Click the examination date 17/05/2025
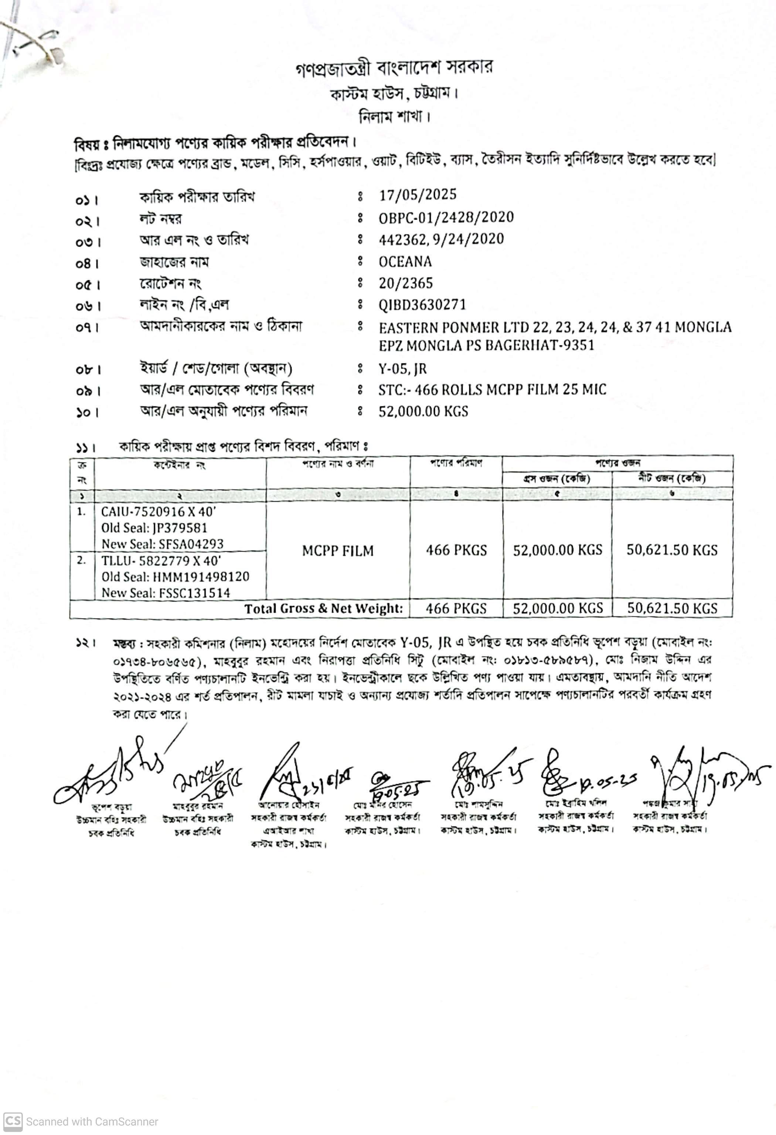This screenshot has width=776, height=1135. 418,195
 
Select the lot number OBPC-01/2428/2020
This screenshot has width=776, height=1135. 446,217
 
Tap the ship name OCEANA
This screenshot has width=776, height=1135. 405,262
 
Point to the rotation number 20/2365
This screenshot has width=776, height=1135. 406,283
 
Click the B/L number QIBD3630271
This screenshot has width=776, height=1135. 422,305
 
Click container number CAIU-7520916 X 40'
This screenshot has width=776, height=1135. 159,512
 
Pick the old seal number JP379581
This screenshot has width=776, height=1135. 179,528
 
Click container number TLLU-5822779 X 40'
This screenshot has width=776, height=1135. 161,561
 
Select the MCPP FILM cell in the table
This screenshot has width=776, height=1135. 338,551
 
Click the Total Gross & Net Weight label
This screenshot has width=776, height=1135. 324,609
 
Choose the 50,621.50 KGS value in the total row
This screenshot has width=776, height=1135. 672,609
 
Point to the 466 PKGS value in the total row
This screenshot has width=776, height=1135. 456,609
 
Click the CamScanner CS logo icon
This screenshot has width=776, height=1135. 12,1120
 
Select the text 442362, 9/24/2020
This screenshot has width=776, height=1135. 441,239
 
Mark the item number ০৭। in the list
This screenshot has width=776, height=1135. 87,327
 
